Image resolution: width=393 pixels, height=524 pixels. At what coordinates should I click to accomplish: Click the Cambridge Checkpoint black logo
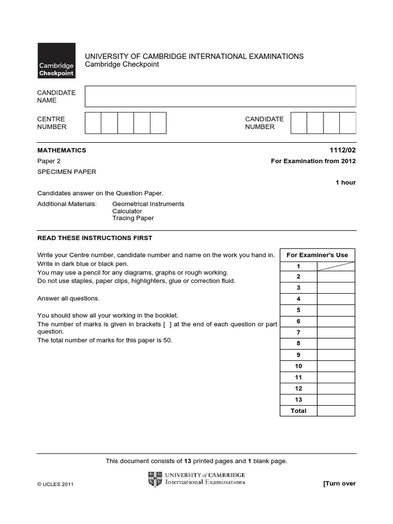[56, 60]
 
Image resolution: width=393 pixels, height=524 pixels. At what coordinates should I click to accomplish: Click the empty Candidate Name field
[220, 96]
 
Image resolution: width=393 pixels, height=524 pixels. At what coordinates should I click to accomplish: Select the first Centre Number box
[93, 123]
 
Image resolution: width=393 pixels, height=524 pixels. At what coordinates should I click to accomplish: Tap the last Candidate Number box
[347, 123]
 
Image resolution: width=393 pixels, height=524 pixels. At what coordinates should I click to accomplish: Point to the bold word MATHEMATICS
[62, 150]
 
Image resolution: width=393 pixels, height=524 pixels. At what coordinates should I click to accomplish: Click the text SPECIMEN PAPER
[67, 172]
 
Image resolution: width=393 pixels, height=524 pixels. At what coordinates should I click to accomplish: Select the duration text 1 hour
[345, 183]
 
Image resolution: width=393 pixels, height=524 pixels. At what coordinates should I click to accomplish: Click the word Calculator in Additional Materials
[127, 211]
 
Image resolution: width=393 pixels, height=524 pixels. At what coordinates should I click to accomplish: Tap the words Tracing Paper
[133, 218]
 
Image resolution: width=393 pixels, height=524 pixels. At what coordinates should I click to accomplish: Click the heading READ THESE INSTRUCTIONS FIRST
[95, 238]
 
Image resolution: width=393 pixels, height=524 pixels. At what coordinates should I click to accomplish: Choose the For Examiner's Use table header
[317, 255]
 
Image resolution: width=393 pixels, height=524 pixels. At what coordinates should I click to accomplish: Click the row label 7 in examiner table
[298, 333]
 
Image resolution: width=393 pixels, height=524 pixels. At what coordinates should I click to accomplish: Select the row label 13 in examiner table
[298, 400]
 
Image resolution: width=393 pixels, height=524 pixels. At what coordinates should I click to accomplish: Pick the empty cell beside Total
[336, 411]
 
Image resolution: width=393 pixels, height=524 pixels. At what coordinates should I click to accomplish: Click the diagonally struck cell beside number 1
[336, 266]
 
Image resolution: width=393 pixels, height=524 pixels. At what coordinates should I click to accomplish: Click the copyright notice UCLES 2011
[56, 485]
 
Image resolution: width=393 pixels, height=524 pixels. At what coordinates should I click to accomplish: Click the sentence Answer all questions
[69, 298]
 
